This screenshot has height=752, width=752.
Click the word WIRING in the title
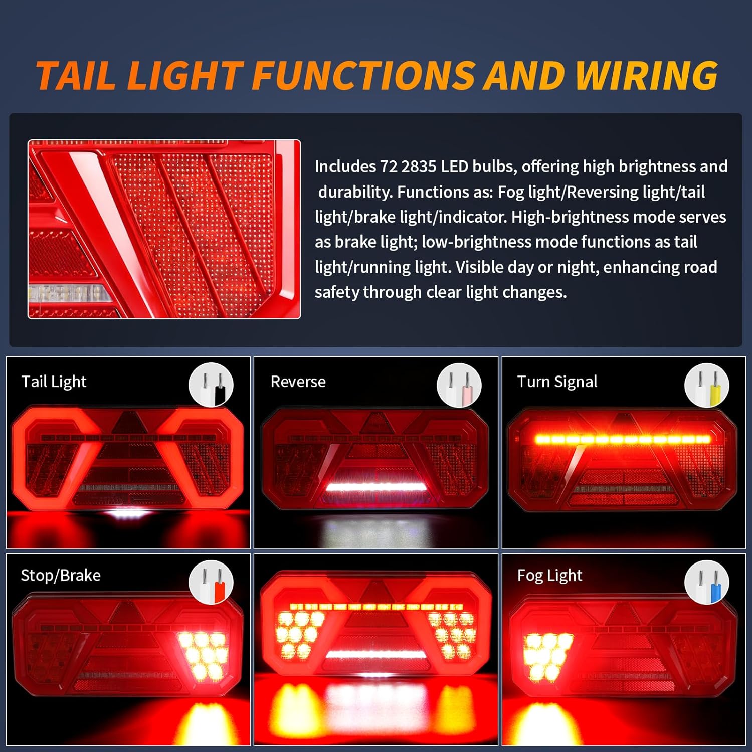pyautogui.click(x=647, y=76)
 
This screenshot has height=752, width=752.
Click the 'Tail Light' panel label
pyautogui.click(x=54, y=382)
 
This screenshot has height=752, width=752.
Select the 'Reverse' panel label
pyautogui.click(x=298, y=382)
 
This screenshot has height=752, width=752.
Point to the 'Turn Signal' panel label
pyautogui.click(x=557, y=382)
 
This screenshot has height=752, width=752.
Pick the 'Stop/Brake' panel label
pyautogui.click(x=61, y=576)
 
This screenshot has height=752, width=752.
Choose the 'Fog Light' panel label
pyautogui.click(x=549, y=576)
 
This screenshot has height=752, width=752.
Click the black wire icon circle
pyautogui.click(x=211, y=385)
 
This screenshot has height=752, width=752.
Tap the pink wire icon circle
pyautogui.click(x=459, y=385)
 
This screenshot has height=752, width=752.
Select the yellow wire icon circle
pyautogui.click(x=706, y=385)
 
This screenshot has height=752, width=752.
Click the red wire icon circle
pyautogui.click(x=211, y=582)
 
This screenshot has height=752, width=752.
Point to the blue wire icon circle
pyautogui.click(x=706, y=582)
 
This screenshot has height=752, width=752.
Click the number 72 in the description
pyautogui.click(x=388, y=167)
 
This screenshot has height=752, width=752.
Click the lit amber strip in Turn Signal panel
pyautogui.click(x=623, y=439)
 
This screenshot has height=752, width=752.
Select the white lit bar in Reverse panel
pyautogui.click(x=375, y=486)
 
